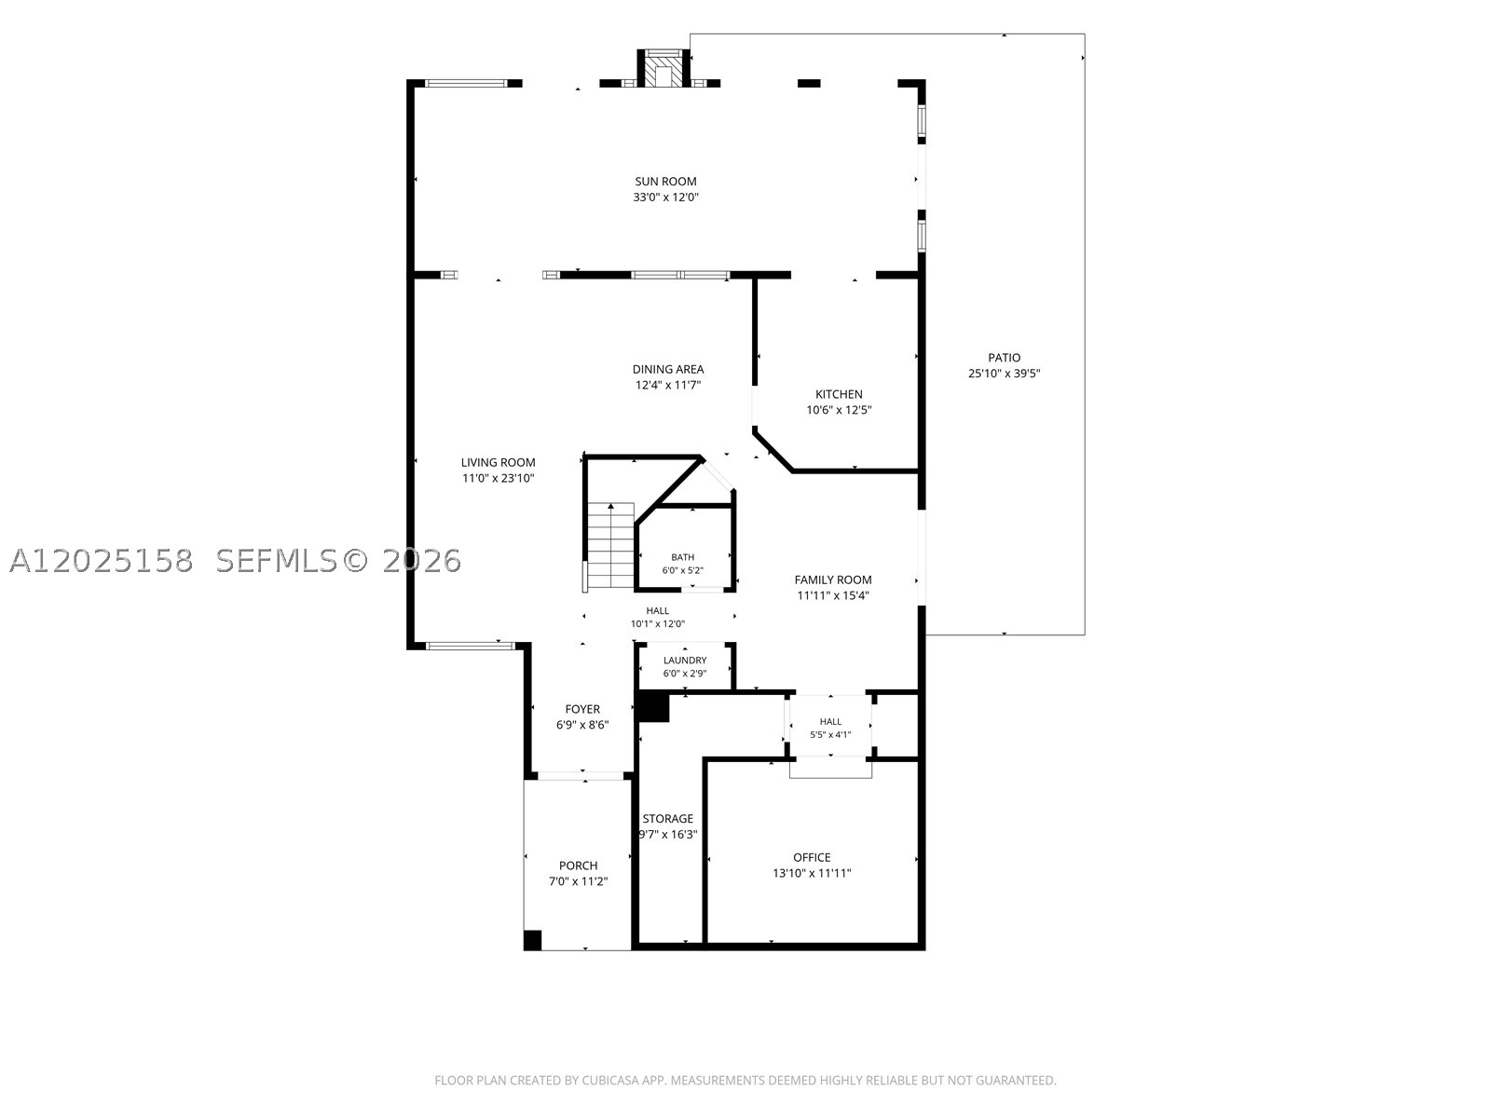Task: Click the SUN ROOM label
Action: [665, 182]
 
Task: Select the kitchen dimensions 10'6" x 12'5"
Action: [839, 410]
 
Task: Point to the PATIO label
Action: [1004, 358]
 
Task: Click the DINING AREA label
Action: [668, 369]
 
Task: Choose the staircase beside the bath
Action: [610, 546]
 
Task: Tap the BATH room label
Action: [683, 557]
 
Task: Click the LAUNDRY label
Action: [685, 660]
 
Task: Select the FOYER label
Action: [582, 709]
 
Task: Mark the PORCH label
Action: [578, 866]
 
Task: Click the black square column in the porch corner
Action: [532, 940]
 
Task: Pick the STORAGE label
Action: [668, 819]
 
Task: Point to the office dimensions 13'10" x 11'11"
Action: [812, 874]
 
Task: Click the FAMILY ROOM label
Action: [833, 579]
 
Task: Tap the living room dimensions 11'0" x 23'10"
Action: [498, 479]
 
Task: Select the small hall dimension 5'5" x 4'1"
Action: [830, 734]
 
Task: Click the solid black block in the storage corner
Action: [653, 706]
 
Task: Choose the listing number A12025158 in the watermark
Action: [102, 561]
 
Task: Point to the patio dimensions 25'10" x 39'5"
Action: [1004, 374]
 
